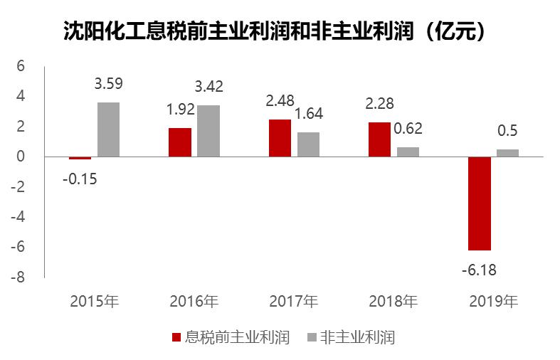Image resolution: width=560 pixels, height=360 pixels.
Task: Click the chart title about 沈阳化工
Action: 275,32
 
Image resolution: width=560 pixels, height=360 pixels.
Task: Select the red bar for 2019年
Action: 479,203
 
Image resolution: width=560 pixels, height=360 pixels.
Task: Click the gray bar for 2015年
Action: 108,129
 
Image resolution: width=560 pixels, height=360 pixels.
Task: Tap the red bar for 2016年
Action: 180,142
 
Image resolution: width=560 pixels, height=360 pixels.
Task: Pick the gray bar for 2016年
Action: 208,130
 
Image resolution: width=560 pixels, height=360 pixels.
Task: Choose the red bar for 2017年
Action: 280,137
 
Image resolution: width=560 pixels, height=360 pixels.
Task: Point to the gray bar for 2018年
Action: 408,152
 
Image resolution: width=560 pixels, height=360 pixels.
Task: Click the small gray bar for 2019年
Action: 507,152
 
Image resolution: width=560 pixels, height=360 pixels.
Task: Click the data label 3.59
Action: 108,84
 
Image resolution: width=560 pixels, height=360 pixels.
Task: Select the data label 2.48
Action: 280,101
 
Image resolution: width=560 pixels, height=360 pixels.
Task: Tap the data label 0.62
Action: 408,129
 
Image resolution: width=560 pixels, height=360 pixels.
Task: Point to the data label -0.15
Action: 80,179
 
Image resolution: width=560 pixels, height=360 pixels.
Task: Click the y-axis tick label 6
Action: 21,65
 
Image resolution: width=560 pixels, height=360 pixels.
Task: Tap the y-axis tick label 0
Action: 21,156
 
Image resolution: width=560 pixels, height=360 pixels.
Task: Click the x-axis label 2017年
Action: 293,301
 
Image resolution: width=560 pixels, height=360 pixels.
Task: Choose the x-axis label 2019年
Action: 493,301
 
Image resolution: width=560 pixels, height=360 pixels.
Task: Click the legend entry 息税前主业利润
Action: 231,337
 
